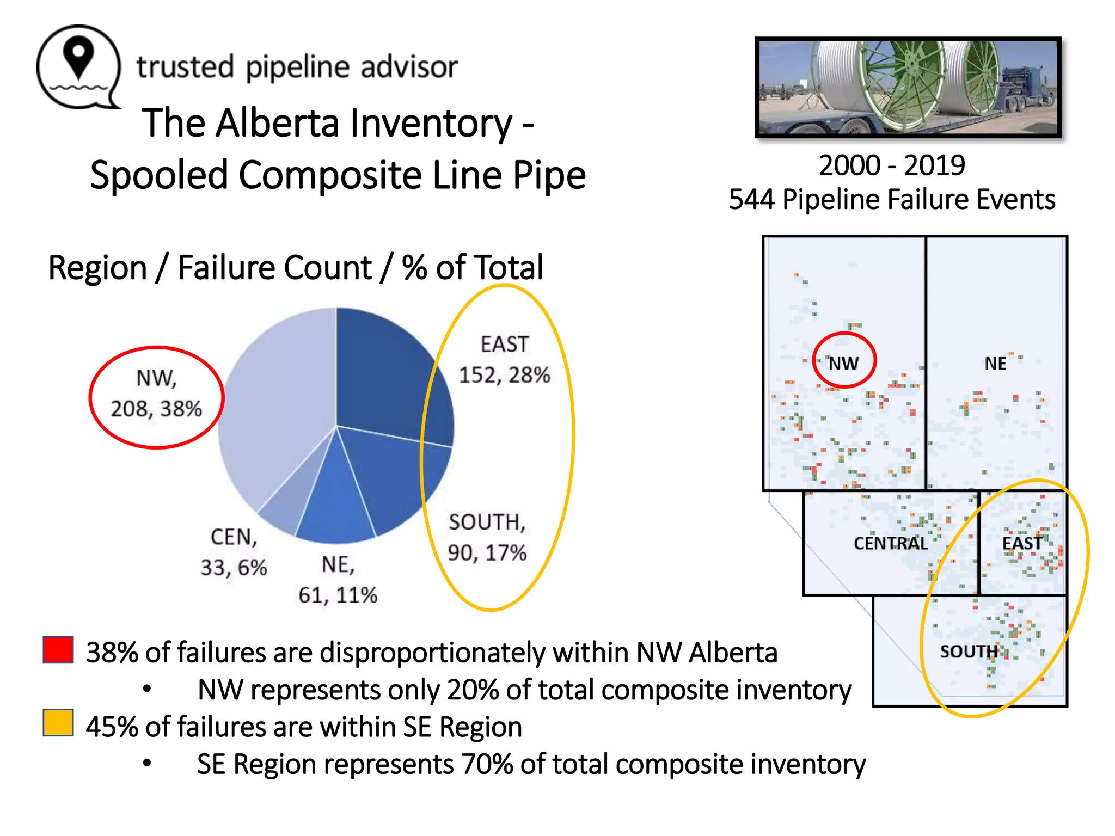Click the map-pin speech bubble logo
click(x=78, y=67)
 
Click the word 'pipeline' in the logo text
click(x=297, y=68)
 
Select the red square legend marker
click(x=58, y=650)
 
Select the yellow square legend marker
click(x=58, y=723)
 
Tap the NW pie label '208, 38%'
click(x=156, y=408)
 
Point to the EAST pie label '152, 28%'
click(x=504, y=375)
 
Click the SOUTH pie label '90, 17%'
click(x=487, y=552)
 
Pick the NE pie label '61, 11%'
click(x=338, y=595)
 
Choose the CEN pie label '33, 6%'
click(x=234, y=567)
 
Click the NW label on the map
click(x=843, y=363)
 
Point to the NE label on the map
click(x=995, y=363)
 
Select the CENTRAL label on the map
click(x=890, y=543)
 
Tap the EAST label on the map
click(x=1022, y=543)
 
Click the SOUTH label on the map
click(x=969, y=651)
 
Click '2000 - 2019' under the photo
click(x=892, y=165)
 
